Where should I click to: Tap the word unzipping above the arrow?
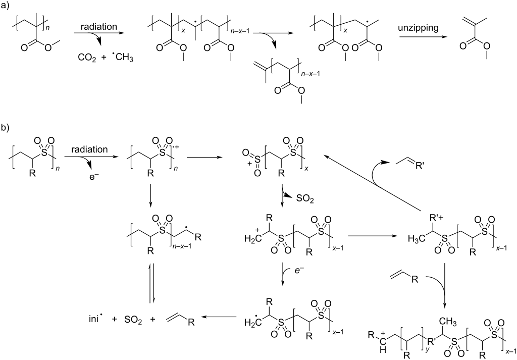418,28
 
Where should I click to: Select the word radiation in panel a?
98,26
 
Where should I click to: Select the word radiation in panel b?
89,149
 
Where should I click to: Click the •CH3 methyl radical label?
122,59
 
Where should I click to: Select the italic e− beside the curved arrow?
299,271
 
